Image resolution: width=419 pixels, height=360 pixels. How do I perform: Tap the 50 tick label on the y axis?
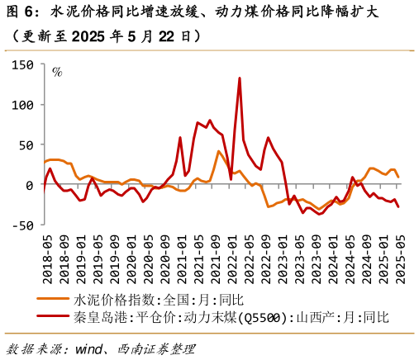click(x=25, y=145)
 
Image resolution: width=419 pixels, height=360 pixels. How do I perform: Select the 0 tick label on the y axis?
click(x=29, y=185)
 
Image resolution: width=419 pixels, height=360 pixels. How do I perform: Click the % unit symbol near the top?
click(x=57, y=72)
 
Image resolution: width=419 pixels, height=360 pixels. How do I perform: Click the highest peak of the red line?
click(x=240, y=78)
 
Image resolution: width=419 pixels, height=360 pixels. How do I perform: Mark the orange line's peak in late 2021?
click(x=219, y=151)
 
